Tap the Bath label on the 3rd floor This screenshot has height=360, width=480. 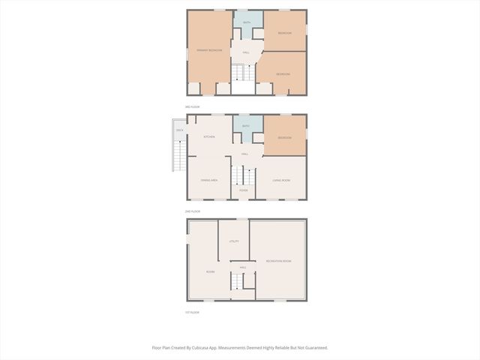246,22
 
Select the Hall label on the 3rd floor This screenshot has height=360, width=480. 245,52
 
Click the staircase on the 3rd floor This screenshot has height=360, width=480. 240,73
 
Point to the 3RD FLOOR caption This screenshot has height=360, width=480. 193,107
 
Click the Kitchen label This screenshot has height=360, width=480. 209,137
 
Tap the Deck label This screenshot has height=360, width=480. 179,130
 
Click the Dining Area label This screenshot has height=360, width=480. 208,181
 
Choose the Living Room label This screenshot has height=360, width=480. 281,181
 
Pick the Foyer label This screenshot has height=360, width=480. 243,190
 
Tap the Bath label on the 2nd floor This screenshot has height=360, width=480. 245,126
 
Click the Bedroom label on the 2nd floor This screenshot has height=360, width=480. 284,138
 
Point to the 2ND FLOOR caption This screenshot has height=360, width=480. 193,211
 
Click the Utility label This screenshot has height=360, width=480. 234,241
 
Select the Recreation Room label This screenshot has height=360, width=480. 278,260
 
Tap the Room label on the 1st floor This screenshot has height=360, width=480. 210,271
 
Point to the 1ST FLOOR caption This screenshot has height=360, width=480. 193,312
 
